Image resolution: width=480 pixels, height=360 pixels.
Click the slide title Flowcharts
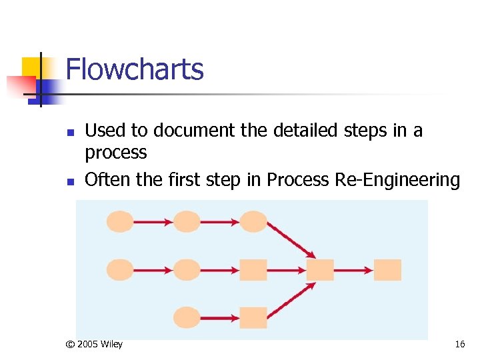(x=135, y=69)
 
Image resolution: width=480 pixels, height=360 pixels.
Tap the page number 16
(x=459, y=345)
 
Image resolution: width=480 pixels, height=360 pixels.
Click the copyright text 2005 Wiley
(x=94, y=345)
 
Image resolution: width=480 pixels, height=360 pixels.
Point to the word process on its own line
(x=115, y=153)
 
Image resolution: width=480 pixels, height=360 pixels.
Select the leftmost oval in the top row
(x=120, y=221)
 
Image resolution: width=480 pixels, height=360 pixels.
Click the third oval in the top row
(x=253, y=221)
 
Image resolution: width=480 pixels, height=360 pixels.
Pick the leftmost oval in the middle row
(x=120, y=270)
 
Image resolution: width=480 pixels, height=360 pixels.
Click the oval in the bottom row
(x=187, y=317)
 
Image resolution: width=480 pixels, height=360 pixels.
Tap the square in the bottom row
(x=253, y=317)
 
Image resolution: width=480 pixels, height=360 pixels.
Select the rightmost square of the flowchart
(x=387, y=270)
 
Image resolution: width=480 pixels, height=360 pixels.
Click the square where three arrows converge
(x=320, y=270)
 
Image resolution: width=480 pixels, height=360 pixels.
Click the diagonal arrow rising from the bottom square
(x=291, y=297)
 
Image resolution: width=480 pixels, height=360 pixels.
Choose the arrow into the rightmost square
(x=353, y=270)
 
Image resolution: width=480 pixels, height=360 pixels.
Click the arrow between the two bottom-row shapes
(x=220, y=317)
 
